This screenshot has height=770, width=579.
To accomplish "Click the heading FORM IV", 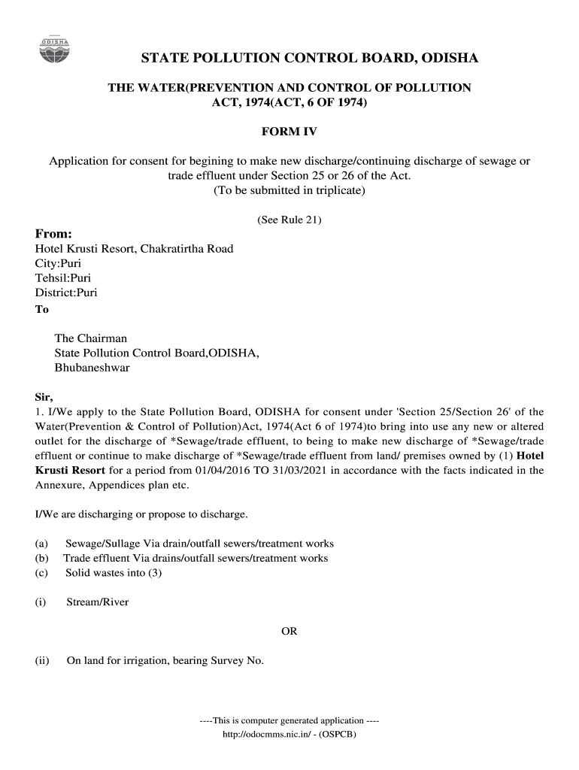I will [289, 132].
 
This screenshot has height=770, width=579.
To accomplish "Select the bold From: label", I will [54, 233].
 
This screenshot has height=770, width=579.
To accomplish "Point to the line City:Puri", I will [58, 263].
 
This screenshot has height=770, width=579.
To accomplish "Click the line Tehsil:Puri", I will [63, 277].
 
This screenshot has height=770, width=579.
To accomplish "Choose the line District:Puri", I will [66, 293].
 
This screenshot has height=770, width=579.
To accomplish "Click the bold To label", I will [42, 309].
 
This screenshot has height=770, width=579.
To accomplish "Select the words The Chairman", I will [91, 338].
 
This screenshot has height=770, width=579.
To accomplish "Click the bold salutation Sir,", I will [44, 397].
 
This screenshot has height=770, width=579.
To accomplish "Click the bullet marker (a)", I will [41, 543].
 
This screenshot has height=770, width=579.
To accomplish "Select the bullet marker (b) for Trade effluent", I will [41, 558].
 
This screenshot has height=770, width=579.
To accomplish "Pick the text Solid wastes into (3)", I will [114, 573].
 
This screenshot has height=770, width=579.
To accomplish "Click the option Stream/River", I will [98, 602].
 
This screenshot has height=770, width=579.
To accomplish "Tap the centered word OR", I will [289, 632].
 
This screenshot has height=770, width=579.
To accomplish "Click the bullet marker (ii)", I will [42, 661].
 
